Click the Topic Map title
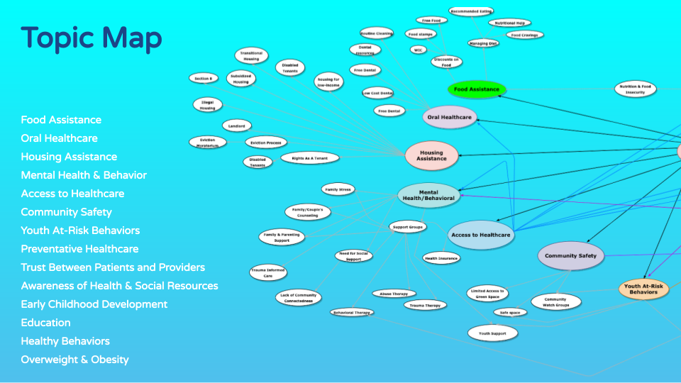point(92,38)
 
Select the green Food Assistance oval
point(477,89)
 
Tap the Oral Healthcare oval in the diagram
point(449,118)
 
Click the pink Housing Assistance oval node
point(431,155)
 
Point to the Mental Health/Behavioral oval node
point(428,195)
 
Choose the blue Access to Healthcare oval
point(480,235)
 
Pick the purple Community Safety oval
point(570,255)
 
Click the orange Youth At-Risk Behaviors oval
point(643,289)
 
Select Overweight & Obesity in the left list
point(75,360)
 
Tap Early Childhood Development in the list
point(94,304)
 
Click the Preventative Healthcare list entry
point(79,249)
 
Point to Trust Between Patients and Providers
point(113,267)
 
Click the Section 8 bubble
point(203,78)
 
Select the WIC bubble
point(417,50)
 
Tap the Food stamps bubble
point(421,33)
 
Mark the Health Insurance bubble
point(441,258)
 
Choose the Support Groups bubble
point(407,227)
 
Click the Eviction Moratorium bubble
point(208,142)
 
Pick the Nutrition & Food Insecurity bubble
point(635,89)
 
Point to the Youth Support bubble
point(492,332)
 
